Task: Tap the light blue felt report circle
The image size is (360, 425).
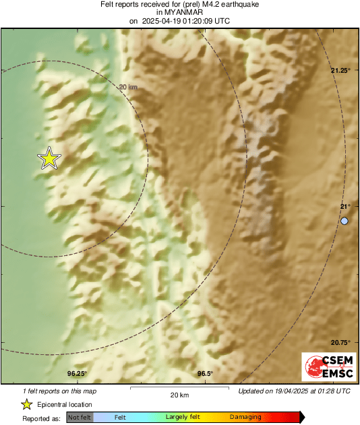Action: tap(344, 221)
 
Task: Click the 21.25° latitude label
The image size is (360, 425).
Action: tap(340, 70)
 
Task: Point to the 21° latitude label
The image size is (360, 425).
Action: tap(345, 206)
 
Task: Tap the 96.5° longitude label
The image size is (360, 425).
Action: tap(205, 374)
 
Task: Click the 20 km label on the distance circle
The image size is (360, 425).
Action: tap(128, 87)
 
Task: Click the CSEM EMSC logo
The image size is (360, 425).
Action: tap(326, 367)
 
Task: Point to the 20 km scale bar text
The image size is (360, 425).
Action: tap(179, 395)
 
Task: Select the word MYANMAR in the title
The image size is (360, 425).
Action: tap(179, 12)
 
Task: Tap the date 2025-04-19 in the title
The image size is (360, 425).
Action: tap(166, 21)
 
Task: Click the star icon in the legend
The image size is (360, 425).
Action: tap(26, 404)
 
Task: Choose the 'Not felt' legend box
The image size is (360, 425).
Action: tap(80, 418)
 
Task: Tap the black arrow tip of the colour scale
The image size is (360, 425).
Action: tap(301, 418)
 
